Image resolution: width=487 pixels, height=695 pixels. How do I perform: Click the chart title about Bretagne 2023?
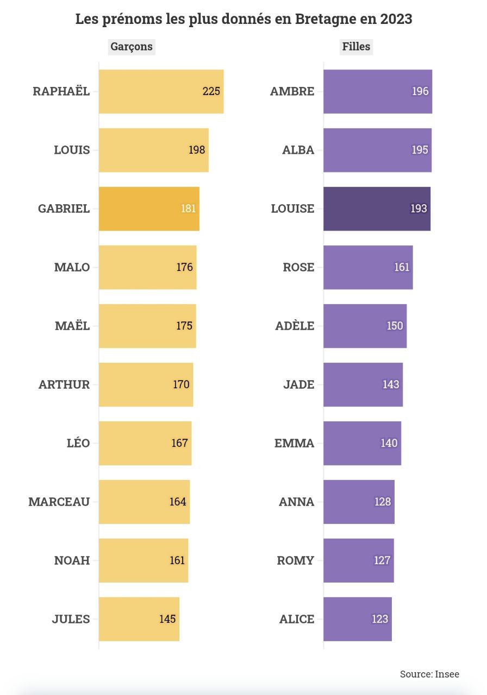[x=243, y=20]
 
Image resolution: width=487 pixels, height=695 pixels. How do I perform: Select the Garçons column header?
[x=132, y=47]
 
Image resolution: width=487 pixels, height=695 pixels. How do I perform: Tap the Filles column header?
[x=356, y=47]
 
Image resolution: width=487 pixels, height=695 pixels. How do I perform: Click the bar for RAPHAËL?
[x=161, y=91]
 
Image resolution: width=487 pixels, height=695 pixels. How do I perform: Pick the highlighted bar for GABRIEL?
[x=149, y=208]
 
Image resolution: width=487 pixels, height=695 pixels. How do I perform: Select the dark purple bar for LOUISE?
[x=377, y=208]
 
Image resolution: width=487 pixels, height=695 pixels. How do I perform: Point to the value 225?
[x=211, y=91]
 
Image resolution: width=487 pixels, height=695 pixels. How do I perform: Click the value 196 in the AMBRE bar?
[x=420, y=91]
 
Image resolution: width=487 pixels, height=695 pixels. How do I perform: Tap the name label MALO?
[x=72, y=267]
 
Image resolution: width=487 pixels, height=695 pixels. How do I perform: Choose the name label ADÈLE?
[x=295, y=326]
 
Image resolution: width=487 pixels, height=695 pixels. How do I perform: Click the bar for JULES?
[x=139, y=619]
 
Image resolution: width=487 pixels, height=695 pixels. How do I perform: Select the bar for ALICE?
[x=357, y=619]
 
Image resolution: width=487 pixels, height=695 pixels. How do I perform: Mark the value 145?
[x=167, y=619]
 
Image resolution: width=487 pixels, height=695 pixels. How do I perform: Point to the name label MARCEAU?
[x=59, y=502]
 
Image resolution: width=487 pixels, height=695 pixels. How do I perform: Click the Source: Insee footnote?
[x=429, y=674]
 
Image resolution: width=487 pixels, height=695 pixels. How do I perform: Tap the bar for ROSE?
[x=368, y=267]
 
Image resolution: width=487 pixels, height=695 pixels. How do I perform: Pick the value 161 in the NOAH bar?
[x=177, y=560]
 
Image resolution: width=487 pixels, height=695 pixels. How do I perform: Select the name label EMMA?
[x=294, y=443]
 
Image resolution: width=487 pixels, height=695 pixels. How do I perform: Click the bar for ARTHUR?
[x=146, y=384]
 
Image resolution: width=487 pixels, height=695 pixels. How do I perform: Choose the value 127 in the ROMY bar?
[x=382, y=560]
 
